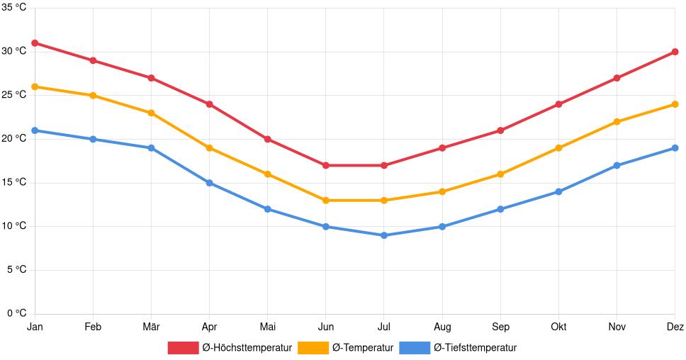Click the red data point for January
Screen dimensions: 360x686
[x=35, y=43]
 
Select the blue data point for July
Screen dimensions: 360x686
[x=384, y=235]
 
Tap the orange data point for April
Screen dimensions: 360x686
[x=209, y=148]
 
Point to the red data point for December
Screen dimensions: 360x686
[x=675, y=52]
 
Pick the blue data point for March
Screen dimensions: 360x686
[x=151, y=148]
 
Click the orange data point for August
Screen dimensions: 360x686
[x=442, y=191]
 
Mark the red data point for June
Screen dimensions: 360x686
[x=326, y=165]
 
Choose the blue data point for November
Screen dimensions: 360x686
[x=617, y=165]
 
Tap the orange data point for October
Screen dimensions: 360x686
[x=558, y=148]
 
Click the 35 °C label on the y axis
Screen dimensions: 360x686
[x=13, y=8]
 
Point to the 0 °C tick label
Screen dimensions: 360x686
[x=16, y=313]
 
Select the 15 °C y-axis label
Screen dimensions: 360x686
[x=13, y=183]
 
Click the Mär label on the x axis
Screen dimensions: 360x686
[x=151, y=327]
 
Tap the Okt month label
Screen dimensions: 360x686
[x=558, y=327]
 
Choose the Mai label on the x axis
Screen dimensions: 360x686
[x=267, y=327]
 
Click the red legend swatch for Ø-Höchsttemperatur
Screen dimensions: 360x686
[x=183, y=347]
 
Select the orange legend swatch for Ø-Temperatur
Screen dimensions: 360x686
[x=313, y=347]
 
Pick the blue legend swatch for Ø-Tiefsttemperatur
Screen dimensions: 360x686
[x=414, y=347]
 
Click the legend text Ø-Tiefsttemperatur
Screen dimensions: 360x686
[x=475, y=347]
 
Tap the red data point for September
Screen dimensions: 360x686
[x=500, y=130]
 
